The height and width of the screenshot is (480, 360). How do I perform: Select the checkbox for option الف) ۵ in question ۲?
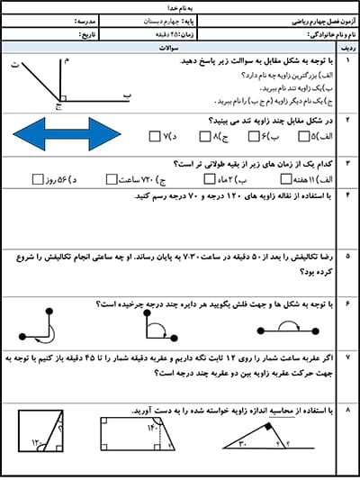coord(290,137)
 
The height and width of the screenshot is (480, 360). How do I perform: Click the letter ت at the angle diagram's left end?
coord(14,63)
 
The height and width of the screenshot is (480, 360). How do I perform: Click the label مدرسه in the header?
coord(69,18)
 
